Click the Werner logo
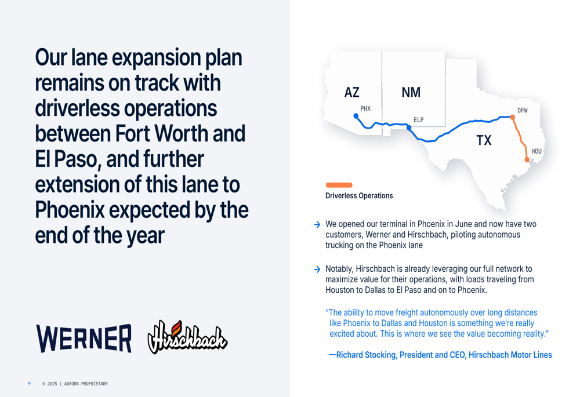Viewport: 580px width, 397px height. click(x=84, y=338)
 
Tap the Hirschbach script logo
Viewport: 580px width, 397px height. click(x=187, y=337)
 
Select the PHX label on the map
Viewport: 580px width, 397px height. click(x=365, y=109)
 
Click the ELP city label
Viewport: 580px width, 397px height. click(x=418, y=120)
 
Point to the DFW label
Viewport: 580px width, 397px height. click(x=523, y=110)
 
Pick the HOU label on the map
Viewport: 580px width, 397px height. click(x=536, y=151)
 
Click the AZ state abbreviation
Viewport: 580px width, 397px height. click(x=352, y=92)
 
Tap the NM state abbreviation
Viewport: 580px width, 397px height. click(x=411, y=92)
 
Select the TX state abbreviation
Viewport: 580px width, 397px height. click(x=484, y=140)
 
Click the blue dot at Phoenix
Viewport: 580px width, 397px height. click(x=356, y=116)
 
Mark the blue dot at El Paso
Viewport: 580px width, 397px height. click(x=409, y=128)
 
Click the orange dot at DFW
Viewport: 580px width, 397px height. click(x=512, y=117)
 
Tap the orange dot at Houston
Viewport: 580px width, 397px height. click(x=527, y=160)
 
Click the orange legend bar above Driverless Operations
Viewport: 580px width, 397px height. click(x=339, y=185)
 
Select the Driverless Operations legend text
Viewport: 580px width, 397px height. click(x=359, y=195)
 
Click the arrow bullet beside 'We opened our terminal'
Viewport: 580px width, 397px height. click(x=317, y=225)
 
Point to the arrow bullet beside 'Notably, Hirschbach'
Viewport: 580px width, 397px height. click(x=317, y=269)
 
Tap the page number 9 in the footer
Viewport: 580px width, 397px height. click(x=29, y=384)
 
